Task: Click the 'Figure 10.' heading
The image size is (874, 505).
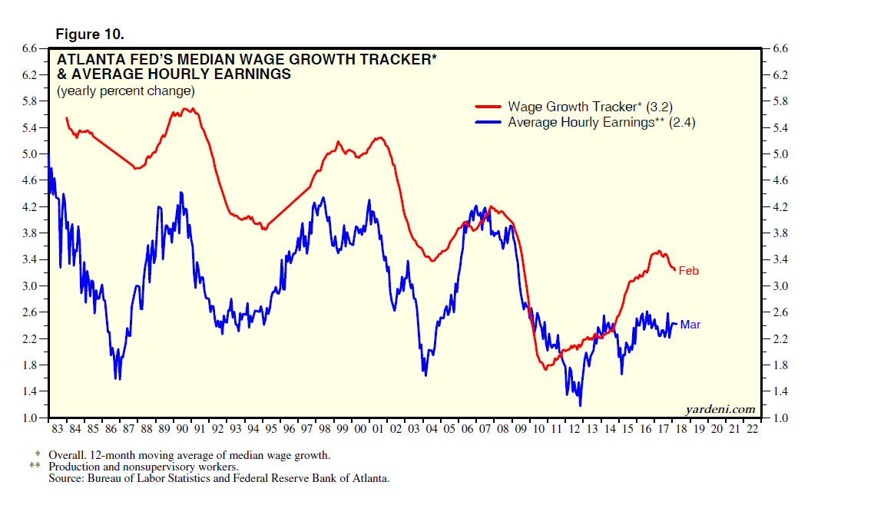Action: tap(90, 35)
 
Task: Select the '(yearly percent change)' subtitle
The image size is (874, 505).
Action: tap(125, 91)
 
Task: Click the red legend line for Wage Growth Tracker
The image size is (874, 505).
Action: tap(489, 107)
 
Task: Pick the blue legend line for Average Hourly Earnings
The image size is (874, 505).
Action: tap(489, 122)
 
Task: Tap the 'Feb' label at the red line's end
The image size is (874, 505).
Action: tap(689, 271)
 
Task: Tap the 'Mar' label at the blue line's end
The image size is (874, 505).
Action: tap(690, 325)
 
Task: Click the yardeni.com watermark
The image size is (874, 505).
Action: tap(720, 409)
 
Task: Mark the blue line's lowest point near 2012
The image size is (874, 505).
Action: tap(580, 404)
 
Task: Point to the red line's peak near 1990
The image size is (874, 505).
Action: tap(189, 109)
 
